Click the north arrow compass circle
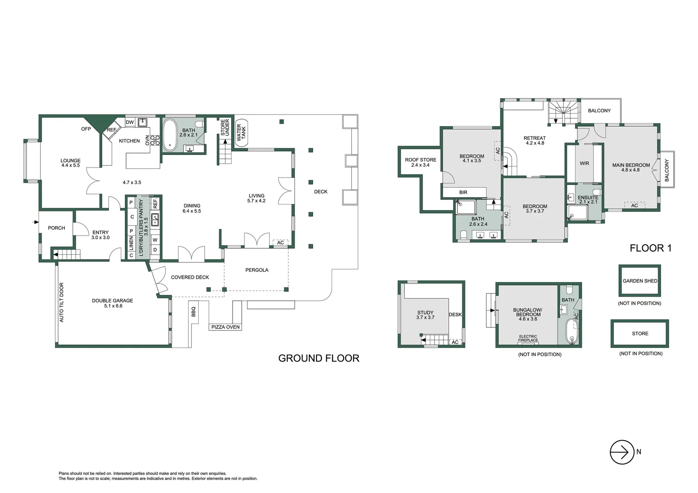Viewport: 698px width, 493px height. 622,452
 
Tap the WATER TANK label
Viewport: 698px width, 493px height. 241,132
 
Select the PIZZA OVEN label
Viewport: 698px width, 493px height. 226,327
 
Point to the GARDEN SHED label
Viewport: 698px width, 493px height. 640,281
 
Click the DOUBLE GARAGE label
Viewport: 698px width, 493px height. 112,303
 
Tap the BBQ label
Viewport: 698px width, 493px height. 193,311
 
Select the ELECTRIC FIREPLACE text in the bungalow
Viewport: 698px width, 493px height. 528,338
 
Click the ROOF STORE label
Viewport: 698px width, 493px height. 420,162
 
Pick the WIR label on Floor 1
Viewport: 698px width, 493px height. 584,163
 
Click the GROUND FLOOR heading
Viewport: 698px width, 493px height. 318,358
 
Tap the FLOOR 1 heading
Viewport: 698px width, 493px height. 650,248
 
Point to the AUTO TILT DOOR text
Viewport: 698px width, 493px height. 62,303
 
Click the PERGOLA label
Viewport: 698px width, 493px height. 257,270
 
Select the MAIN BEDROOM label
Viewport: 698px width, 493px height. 631,167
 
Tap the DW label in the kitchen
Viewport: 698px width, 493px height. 129,122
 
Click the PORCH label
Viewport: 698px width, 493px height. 57,228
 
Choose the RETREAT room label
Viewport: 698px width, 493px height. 534,140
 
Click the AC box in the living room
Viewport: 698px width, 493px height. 280,243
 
